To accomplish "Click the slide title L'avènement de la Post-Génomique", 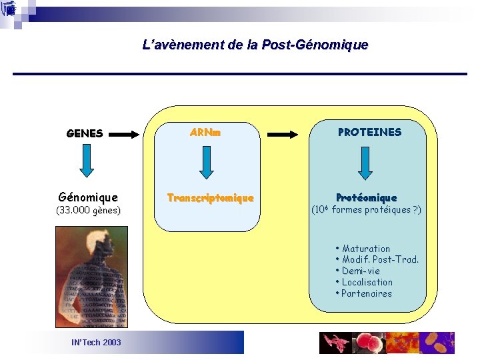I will click(x=255, y=45).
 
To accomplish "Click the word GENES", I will click(x=85, y=133).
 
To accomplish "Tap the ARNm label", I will click(x=205, y=133).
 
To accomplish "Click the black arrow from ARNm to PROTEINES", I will click(x=283, y=134).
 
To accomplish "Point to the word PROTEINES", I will click(x=369, y=133).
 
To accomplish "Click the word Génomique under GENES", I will click(x=88, y=197).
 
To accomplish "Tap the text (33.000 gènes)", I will click(x=88, y=211).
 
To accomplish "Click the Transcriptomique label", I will click(x=210, y=198).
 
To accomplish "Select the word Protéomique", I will click(x=366, y=198).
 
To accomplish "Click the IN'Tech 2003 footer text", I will click(x=96, y=342).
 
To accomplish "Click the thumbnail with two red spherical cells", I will click(x=369, y=343).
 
